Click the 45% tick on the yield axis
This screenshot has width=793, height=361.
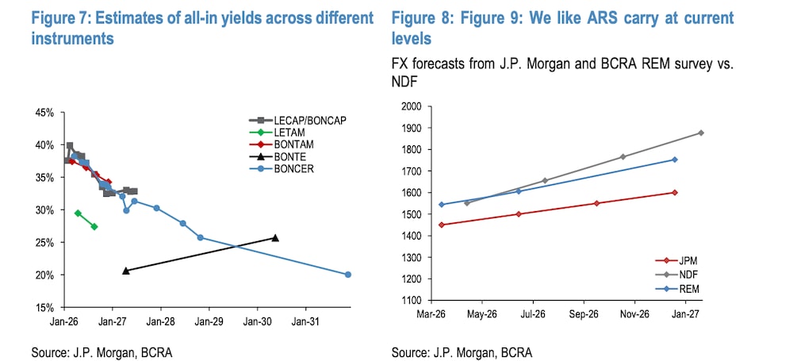tap(44, 113)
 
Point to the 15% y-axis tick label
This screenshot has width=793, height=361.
tap(44, 307)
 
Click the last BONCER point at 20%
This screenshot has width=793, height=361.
tap(348, 275)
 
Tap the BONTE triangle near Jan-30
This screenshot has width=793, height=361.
tap(275, 238)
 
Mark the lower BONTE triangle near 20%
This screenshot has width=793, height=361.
tap(126, 271)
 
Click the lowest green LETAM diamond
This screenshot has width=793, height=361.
tap(94, 227)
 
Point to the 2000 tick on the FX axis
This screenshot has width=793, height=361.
tap(410, 106)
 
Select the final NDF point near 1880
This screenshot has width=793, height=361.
tap(701, 132)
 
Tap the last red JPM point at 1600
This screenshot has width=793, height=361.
tap(675, 192)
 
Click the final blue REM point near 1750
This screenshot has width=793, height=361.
tap(675, 159)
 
